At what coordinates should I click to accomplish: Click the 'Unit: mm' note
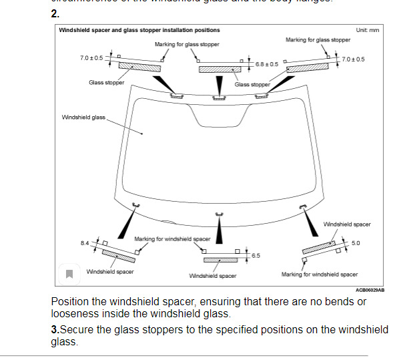pyautogui.click(x=368, y=30)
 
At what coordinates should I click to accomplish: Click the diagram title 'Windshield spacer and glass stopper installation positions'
pyautogui.click(x=139, y=30)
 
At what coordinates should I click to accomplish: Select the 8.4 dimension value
pyautogui.click(x=85, y=242)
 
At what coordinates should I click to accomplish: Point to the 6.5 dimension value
pyautogui.click(x=256, y=255)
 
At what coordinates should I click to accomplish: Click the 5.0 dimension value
pyautogui.click(x=356, y=243)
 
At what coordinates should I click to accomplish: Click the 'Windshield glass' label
pyautogui.click(x=83, y=117)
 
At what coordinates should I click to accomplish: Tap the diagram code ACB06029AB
pyautogui.click(x=370, y=290)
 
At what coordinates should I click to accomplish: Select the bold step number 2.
pyautogui.click(x=55, y=13)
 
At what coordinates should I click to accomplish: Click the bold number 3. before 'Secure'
pyautogui.click(x=55, y=330)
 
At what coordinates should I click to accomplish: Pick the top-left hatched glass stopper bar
pyautogui.click(x=140, y=66)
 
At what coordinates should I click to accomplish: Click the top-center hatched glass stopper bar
pyautogui.click(x=220, y=69)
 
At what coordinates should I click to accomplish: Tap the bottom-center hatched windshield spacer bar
pyautogui.click(x=220, y=260)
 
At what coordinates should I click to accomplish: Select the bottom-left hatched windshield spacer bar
pyautogui.click(x=119, y=256)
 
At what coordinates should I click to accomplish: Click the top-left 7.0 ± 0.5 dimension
pyautogui.click(x=91, y=58)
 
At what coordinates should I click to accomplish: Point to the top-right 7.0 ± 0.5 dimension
pyautogui.click(x=353, y=59)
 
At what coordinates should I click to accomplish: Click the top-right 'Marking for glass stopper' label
pyautogui.click(x=318, y=40)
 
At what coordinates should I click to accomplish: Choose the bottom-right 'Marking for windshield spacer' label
pyautogui.click(x=320, y=274)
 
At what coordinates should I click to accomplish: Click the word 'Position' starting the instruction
pyautogui.click(x=69, y=301)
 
